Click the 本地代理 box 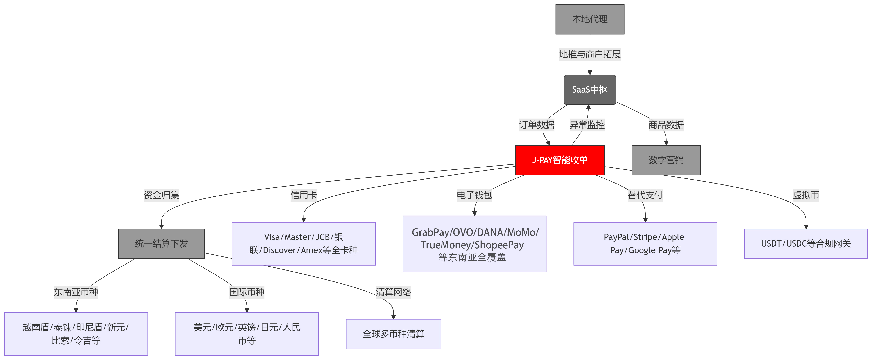[x=590, y=19]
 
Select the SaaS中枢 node [x=590, y=90]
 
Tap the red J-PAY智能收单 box [x=559, y=160]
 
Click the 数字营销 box [x=666, y=160]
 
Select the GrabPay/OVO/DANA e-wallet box [x=474, y=244]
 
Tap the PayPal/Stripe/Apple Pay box [x=645, y=244]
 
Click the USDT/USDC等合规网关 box [x=806, y=244]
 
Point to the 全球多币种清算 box [x=393, y=334]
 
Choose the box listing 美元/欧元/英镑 [x=247, y=334]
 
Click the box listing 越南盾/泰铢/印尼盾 [x=76, y=334]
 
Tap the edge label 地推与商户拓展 [x=590, y=55]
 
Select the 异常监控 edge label [x=587, y=125]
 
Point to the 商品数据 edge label [x=666, y=125]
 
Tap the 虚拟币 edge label [x=806, y=195]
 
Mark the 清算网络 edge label [x=393, y=292]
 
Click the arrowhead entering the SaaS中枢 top [x=590, y=72]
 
